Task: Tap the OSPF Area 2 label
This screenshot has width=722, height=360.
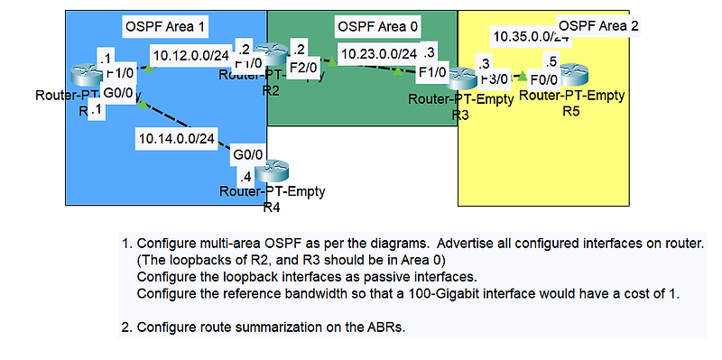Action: (598, 25)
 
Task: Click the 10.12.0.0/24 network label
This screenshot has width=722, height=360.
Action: (190, 56)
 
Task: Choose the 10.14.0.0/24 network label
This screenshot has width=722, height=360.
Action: (177, 138)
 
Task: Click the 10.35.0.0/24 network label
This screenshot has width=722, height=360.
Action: (531, 37)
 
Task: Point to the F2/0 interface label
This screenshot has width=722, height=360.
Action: (304, 68)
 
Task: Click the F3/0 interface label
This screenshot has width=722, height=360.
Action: (495, 78)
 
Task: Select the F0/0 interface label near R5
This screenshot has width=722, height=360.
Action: (545, 78)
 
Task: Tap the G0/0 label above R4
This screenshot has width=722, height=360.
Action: (247, 155)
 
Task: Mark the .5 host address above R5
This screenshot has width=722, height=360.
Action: (551, 61)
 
